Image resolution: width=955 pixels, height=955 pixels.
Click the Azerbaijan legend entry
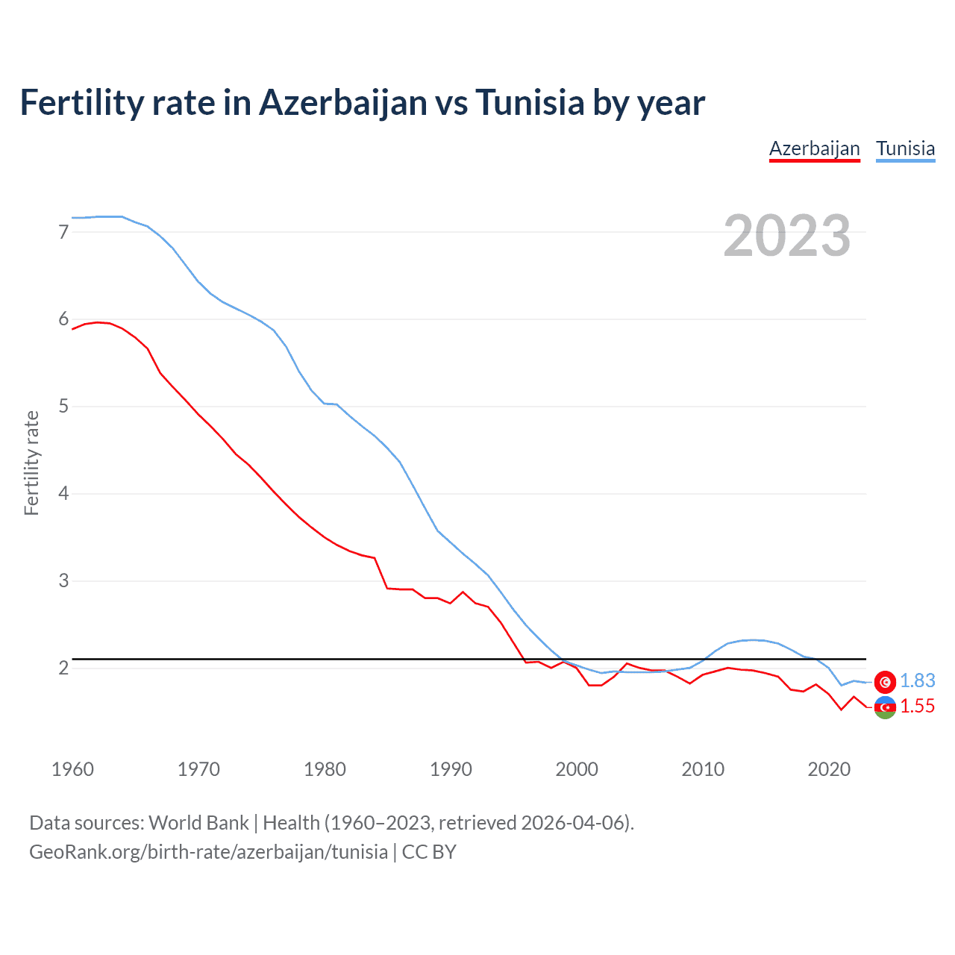(814, 148)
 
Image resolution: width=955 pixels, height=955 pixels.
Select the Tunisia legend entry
(905, 148)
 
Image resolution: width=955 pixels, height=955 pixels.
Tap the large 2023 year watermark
(786, 236)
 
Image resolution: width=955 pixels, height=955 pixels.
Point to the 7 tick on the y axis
(63, 232)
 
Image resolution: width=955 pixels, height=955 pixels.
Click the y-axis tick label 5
(63, 407)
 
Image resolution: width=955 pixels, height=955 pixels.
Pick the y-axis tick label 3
(63, 580)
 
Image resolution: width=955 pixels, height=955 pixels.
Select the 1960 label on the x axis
(72, 769)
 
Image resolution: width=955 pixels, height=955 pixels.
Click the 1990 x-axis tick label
(451, 769)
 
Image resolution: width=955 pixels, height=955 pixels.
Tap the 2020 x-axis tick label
(829, 769)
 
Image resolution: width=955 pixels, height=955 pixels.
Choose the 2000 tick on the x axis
(577, 769)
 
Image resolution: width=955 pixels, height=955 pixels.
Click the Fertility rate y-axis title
(31, 463)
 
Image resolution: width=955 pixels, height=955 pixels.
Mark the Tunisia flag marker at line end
(885, 681)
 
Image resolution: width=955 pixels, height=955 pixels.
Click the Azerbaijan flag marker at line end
(885, 707)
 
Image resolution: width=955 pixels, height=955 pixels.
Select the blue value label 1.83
(917, 681)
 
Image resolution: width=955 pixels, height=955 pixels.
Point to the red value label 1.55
(917, 707)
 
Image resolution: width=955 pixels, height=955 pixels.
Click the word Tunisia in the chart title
(530, 102)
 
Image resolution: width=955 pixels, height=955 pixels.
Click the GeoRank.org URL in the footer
(208, 852)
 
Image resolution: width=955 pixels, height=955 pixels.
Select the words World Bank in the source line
(198, 823)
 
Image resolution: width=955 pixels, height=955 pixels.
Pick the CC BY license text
(429, 852)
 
